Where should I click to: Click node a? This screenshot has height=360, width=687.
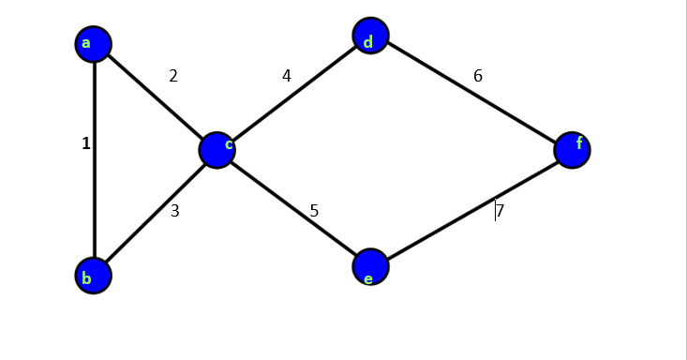point(94,44)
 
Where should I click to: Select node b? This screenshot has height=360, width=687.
point(94,276)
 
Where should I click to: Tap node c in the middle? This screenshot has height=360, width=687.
point(217,149)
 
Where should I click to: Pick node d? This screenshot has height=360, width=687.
point(370,36)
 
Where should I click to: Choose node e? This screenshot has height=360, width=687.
point(370,267)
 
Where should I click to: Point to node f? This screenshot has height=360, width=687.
point(572,149)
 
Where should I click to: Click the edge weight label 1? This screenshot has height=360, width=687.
point(86,143)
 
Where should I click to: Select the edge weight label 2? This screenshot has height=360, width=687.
point(173,76)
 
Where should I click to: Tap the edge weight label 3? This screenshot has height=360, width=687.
point(174,211)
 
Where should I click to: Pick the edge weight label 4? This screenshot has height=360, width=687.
point(287,75)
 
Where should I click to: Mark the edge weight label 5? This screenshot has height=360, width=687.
point(314,211)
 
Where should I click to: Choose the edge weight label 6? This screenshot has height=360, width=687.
point(478,76)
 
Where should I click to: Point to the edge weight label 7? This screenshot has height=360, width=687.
point(500,211)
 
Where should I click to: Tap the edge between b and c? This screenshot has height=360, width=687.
point(155,213)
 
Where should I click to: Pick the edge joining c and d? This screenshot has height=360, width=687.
point(293,93)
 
